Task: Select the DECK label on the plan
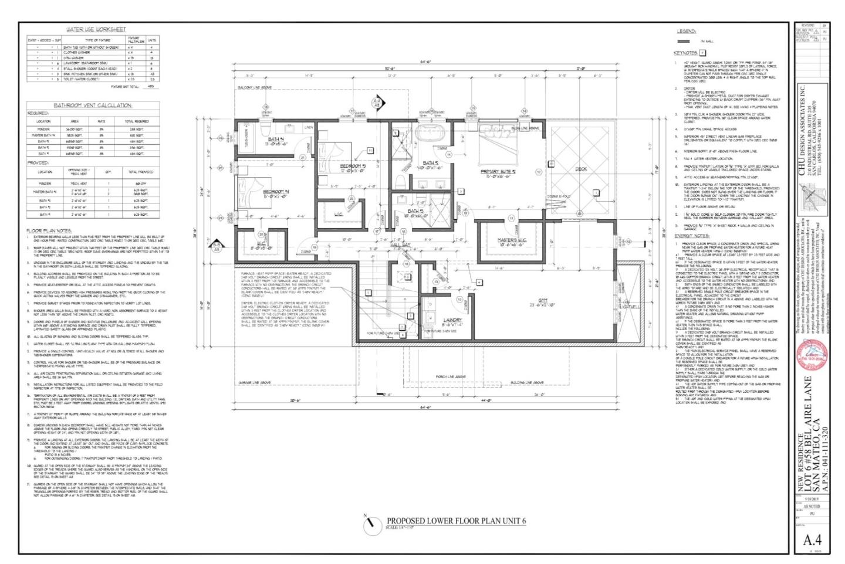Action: click(x=580, y=169)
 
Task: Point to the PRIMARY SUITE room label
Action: click(x=497, y=171)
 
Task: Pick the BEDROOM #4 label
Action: click(x=276, y=192)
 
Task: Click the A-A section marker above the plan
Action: click(x=377, y=103)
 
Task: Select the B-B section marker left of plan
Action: click(x=217, y=246)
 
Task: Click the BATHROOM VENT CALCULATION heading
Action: click(x=93, y=106)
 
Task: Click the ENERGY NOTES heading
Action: click(x=692, y=236)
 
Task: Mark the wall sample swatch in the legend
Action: click(x=684, y=42)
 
